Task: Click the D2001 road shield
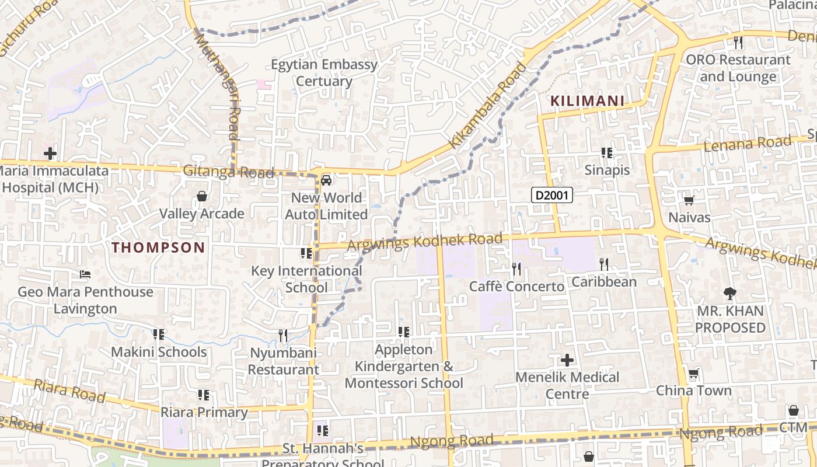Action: [x=551, y=195]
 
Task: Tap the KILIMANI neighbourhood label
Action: [x=587, y=101]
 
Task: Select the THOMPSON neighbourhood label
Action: [x=158, y=248]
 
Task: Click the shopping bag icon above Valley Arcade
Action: [x=202, y=196]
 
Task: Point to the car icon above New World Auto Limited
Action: [x=326, y=180]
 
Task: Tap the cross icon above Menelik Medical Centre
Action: [x=567, y=360]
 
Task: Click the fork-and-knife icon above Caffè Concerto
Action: [x=516, y=269]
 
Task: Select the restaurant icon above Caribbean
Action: [x=604, y=264]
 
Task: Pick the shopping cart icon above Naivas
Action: [x=689, y=201]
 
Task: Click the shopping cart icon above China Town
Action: [x=693, y=374]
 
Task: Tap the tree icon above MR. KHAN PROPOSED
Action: [x=729, y=294]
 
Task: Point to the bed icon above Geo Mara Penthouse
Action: [x=85, y=274]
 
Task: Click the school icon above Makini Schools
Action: [x=158, y=334]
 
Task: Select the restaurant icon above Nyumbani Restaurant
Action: [x=283, y=335]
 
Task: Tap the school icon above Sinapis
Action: [x=607, y=153]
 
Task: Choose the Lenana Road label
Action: [x=748, y=144]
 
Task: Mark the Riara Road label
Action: [x=69, y=391]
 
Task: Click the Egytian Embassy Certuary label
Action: [x=324, y=73]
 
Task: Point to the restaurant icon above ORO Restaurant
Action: [x=738, y=43]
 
